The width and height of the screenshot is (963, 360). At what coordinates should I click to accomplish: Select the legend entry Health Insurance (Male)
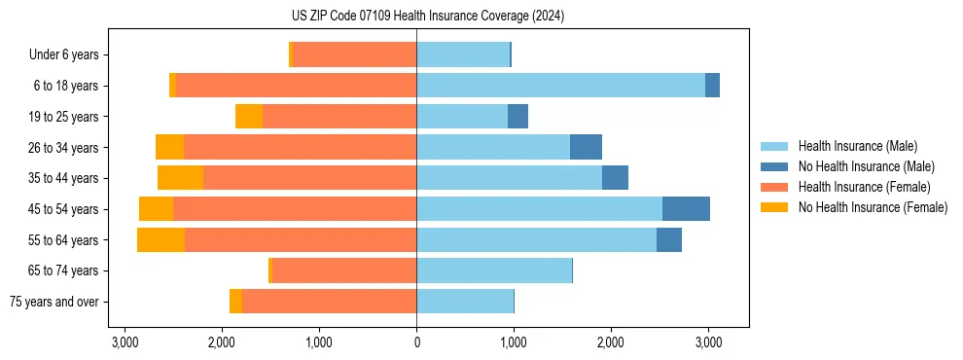coord(857,146)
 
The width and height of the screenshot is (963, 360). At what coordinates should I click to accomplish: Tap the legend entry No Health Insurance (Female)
coord(873,207)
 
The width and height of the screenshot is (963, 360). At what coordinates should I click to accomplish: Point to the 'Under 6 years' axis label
coord(63,55)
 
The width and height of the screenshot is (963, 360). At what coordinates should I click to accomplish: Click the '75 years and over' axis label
coord(53,302)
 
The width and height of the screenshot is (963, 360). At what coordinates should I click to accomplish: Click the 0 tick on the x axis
coord(416,342)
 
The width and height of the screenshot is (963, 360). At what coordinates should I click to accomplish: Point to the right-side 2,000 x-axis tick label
coord(611,342)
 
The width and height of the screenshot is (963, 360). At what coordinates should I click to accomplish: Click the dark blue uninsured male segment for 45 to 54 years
coord(686,209)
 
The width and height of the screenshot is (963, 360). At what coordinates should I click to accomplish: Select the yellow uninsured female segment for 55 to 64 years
coord(160,240)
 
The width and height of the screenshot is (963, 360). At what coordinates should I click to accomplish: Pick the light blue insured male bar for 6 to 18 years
coord(560,86)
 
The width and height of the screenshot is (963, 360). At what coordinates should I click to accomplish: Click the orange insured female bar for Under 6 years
coord(354,55)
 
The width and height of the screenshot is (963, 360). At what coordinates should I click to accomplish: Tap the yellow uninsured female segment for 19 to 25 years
coord(249,117)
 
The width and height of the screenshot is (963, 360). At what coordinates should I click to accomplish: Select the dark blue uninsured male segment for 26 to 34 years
coord(586,147)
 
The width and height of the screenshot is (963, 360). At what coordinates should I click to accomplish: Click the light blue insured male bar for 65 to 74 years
coord(494,270)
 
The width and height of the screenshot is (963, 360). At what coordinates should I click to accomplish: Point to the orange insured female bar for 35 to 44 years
coord(309,178)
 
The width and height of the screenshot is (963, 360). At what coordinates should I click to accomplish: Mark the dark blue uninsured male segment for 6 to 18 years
coord(712,86)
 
